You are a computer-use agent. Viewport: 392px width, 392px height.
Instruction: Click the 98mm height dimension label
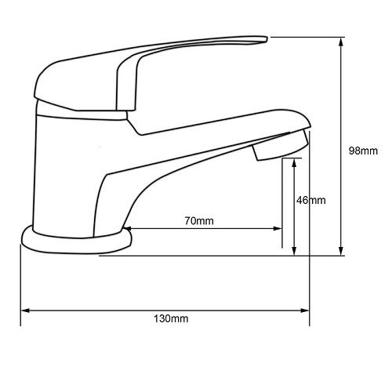(x=363, y=151)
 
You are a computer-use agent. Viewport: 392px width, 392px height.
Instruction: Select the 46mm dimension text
(x=311, y=201)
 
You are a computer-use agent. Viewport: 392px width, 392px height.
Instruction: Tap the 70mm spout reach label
(x=199, y=221)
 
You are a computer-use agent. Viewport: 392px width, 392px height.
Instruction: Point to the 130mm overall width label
(x=171, y=319)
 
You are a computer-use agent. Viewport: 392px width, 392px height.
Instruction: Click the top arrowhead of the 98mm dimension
(x=340, y=42)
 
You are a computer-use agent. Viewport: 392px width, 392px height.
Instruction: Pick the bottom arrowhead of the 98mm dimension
(x=340, y=251)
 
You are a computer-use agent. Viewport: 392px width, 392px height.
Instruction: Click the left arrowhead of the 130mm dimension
(x=25, y=310)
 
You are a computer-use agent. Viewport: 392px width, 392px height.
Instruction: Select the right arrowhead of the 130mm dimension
(x=305, y=310)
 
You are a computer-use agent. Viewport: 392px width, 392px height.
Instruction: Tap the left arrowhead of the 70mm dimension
(x=127, y=229)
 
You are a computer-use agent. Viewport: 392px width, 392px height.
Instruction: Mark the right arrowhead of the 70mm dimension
(x=278, y=229)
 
